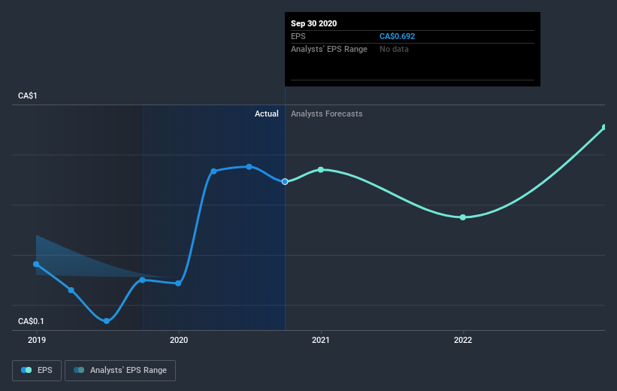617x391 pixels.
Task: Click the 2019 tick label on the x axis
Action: tap(36, 340)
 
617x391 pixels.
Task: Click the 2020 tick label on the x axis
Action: tap(179, 340)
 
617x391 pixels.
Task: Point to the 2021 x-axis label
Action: tap(321, 340)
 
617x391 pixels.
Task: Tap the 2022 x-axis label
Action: tap(463, 340)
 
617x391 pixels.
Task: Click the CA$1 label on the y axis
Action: tap(28, 96)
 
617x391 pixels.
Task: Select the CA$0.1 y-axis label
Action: tap(32, 322)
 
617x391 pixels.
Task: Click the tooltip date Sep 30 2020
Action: tap(314, 23)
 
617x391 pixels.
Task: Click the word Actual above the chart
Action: tap(266, 114)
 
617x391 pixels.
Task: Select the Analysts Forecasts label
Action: tap(326, 114)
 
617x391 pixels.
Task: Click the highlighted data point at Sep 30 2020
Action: tap(285, 181)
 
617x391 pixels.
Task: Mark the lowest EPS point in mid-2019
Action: tap(107, 321)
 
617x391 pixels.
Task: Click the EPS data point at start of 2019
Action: tap(36, 264)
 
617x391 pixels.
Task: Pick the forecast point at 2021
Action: tap(321, 169)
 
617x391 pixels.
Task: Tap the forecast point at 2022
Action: tap(463, 217)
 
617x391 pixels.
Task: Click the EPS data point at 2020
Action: tap(178, 283)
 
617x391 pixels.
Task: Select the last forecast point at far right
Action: tap(604, 127)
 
